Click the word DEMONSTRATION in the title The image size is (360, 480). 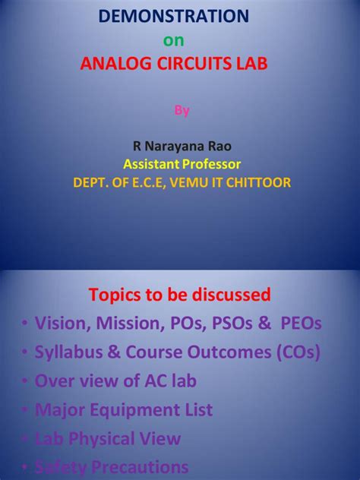pyautogui.click(x=180, y=15)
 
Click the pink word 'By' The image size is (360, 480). pyautogui.click(x=180, y=109)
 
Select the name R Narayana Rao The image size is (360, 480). pyautogui.click(x=180, y=147)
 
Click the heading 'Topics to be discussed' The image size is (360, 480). pyautogui.click(x=180, y=294)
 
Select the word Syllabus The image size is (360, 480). pyautogui.click(x=69, y=352)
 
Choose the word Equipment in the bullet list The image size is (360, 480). pyautogui.click(x=129, y=411)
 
